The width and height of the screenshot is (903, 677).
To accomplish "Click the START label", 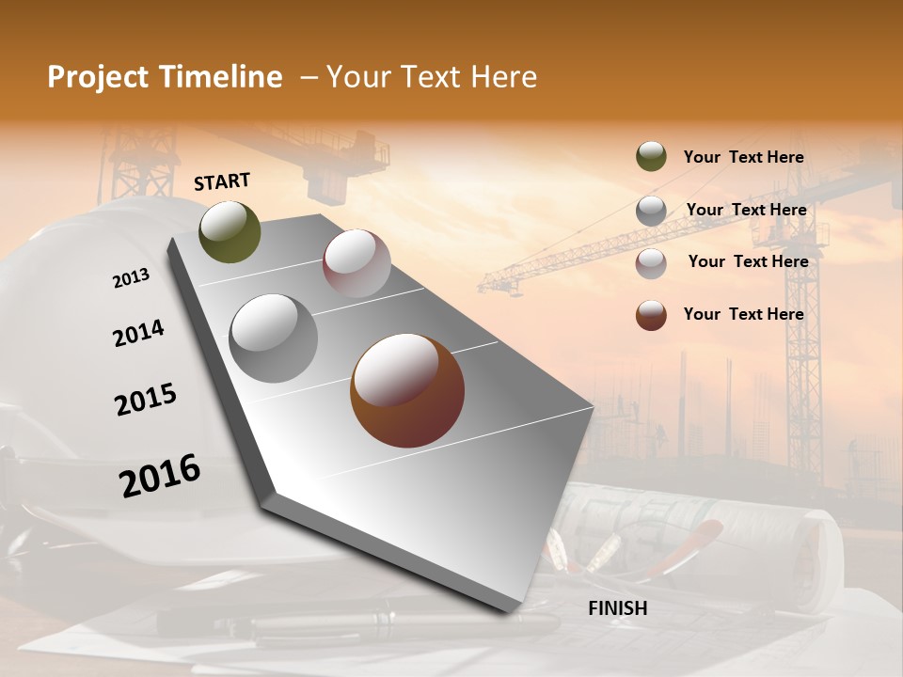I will tap(222, 181).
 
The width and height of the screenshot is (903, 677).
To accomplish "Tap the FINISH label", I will tap(617, 608).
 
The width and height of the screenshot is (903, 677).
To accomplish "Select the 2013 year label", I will tap(131, 278).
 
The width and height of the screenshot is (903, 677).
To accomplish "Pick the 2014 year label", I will tap(138, 333).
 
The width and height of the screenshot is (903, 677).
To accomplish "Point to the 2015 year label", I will tap(146, 399).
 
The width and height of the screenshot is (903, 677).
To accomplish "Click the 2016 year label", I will tap(160, 475).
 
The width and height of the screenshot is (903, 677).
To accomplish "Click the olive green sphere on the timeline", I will tap(230, 231).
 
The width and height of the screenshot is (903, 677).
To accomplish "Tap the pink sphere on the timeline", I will tap(356, 263).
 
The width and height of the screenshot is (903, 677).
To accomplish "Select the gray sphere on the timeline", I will tap(274, 338).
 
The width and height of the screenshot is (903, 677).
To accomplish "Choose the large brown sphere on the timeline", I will tap(407, 390).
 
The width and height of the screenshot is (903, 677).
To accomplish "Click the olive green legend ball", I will tap(651, 156).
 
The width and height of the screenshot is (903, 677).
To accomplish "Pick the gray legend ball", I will tap(651, 211).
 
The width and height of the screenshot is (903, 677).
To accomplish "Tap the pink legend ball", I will tap(651, 263).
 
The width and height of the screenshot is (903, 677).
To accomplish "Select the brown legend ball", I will tap(651, 315).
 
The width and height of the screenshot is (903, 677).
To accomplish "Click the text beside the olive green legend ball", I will tap(743, 157).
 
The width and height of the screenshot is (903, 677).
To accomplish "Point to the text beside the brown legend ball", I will tap(743, 314).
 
